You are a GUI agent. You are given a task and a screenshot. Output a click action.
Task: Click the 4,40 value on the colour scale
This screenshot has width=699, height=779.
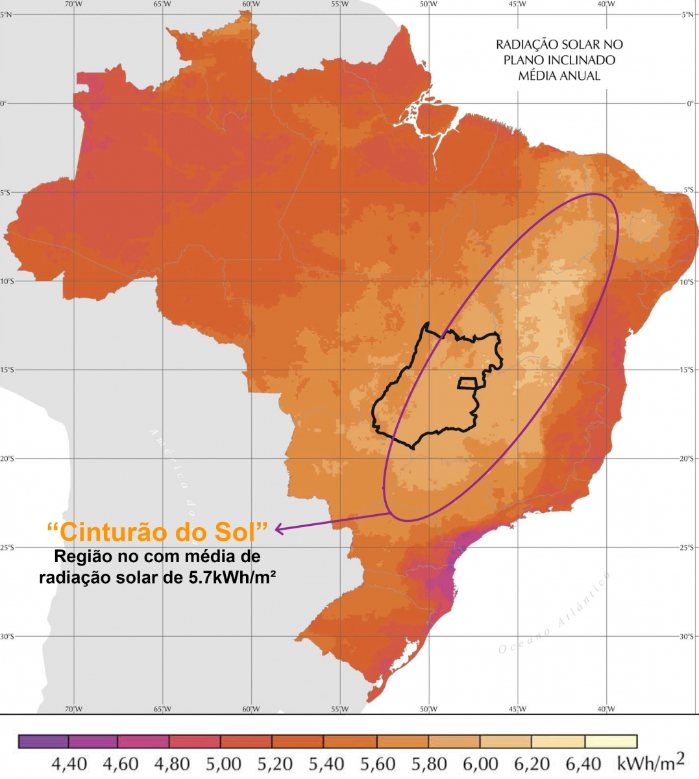(69, 763)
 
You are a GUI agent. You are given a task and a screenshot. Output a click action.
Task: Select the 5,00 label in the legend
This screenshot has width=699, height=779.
(223, 763)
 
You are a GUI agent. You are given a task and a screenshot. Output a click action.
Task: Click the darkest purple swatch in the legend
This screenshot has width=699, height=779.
(43, 741)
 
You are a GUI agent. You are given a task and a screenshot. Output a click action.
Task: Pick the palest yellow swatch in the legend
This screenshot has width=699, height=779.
(610, 741)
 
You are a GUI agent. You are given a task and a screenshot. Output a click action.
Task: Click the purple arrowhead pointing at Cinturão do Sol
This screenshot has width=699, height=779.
(280, 529)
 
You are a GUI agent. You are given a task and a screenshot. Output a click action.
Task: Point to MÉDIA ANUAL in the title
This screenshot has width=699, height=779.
(559, 76)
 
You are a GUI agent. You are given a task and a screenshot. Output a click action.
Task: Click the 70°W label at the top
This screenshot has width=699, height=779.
(74, 4)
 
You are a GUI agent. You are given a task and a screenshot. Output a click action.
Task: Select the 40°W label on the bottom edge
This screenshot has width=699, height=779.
(606, 708)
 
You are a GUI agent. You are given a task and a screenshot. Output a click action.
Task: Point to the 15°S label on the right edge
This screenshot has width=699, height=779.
(692, 370)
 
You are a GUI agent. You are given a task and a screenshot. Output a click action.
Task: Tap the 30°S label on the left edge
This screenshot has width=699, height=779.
(6, 636)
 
